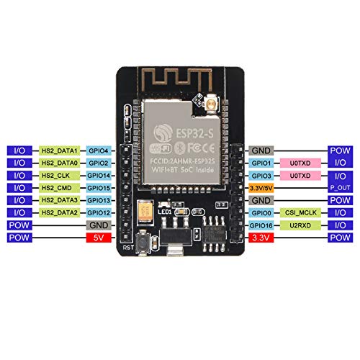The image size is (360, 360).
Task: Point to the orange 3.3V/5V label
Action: coord(260,187)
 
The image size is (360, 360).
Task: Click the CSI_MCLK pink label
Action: coord(299,212)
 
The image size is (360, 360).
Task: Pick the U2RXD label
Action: coord(299,224)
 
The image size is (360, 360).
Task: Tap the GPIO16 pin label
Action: coord(260,224)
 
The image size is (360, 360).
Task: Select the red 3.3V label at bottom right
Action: coord(260,236)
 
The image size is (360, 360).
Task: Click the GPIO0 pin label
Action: coord(260,212)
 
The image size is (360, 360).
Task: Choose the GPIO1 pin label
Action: coord(260,163)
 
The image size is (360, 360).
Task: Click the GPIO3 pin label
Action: coord(260,175)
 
